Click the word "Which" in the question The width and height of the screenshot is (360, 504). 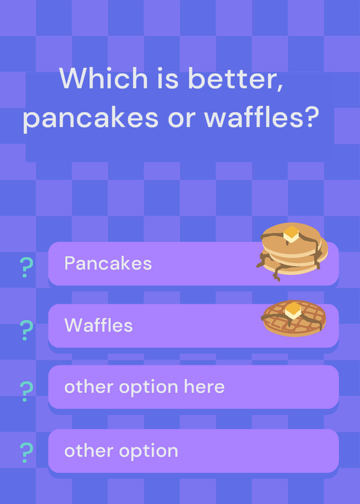coord(103,78)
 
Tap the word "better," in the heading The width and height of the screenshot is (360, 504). coord(236,79)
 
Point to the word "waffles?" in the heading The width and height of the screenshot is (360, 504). coord(262,117)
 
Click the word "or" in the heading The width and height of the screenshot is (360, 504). coord(182,120)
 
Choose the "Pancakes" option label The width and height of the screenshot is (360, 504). coord(108,263)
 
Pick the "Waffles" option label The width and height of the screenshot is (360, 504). coord(98,325)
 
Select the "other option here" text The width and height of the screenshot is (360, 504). coord(144,387)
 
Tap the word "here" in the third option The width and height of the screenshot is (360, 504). coord(204,387)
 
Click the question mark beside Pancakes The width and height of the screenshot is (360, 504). coord(26,267)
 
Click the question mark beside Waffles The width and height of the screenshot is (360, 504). coord(26,330)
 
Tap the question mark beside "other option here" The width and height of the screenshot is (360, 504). coord(26,391)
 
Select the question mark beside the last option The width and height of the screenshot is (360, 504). coord(26,452)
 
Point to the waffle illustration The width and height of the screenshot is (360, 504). coord(294,318)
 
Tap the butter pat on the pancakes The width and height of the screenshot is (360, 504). coord(291,234)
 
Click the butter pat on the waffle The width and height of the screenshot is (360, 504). coord(293,311)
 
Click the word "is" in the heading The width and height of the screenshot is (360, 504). coord(168,78)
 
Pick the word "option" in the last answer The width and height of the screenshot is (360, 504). coord(149,451)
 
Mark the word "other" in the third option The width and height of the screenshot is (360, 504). coord(90,387)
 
